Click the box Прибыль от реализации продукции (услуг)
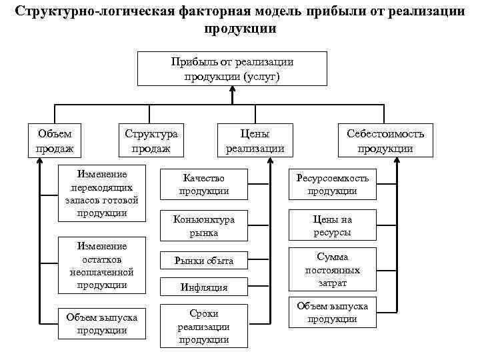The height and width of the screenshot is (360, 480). point(232,69)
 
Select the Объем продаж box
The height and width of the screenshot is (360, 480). point(55,141)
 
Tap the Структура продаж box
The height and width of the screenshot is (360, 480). point(151,141)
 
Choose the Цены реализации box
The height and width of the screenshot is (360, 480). point(255,141)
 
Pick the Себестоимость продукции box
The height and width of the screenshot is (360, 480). point(385,141)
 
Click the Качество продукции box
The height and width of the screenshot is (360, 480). point(204,185)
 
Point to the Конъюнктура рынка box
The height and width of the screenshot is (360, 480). point(204,226)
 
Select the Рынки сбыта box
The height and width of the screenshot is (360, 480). point(204,261)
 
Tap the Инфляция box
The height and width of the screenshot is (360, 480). point(204,288)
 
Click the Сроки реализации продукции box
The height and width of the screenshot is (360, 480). point(204,327)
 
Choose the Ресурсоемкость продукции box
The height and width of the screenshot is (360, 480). point(332,185)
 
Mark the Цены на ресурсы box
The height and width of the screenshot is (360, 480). point(332,226)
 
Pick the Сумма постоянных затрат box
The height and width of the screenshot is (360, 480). point(332,269)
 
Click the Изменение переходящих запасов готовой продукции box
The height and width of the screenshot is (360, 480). point(102,193)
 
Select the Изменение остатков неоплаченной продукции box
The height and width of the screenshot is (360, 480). point(102,265)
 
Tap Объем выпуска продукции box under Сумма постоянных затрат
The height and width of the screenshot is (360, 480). point(332,312)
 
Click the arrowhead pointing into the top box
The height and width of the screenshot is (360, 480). point(232,91)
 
